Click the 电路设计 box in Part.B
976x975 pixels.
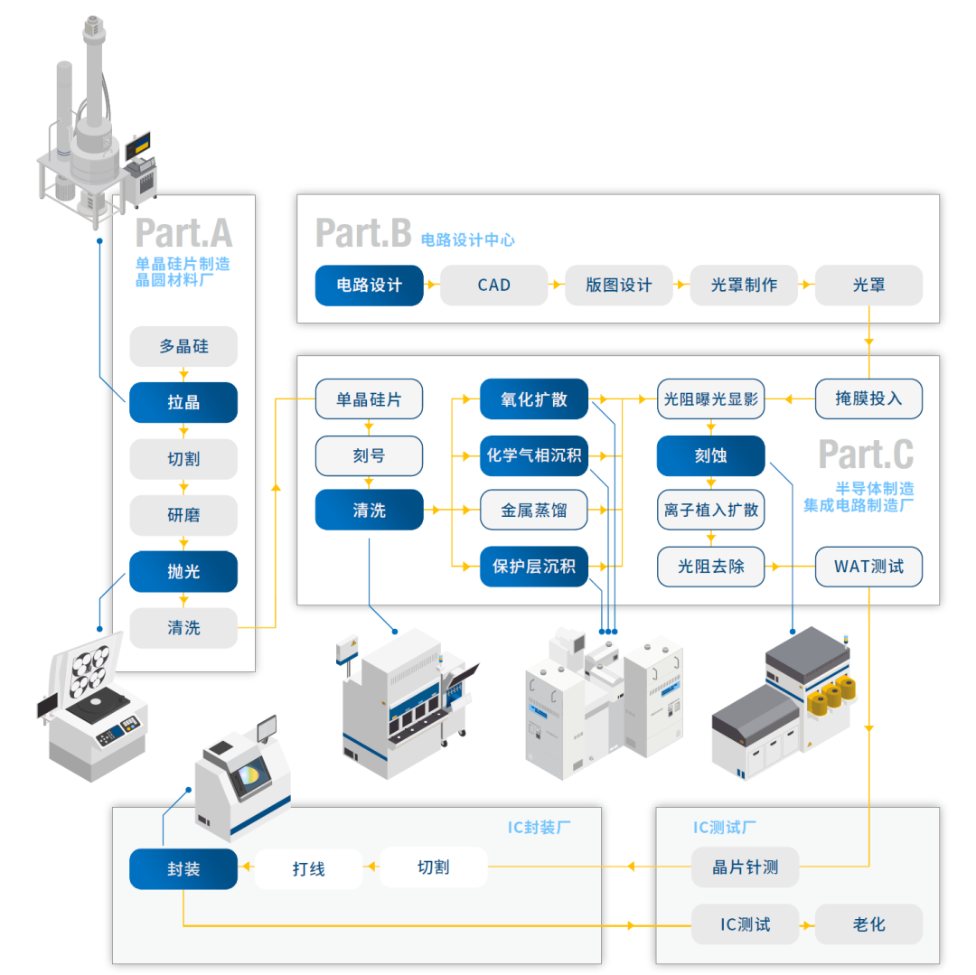click(369, 286)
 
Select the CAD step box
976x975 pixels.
click(494, 286)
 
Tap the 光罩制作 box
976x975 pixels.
click(744, 286)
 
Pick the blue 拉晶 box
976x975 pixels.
click(183, 403)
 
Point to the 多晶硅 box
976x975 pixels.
click(183, 346)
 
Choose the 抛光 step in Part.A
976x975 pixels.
click(183, 572)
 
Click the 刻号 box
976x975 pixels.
click(369, 455)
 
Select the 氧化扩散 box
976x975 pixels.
click(534, 398)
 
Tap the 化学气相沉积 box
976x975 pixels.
click(534, 455)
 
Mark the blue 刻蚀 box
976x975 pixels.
click(710, 455)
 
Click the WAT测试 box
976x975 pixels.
click(868, 567)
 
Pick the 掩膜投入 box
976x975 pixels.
click(868, 398)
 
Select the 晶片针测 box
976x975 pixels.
click(745, 867)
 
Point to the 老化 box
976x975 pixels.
click(868, 924)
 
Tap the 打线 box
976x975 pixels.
click(308, 869)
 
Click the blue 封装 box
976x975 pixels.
click(183, 869)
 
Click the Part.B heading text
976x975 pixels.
click(363, 233)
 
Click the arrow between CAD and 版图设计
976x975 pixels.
click(556, 286)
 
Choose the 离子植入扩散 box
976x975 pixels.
click(710, 511)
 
